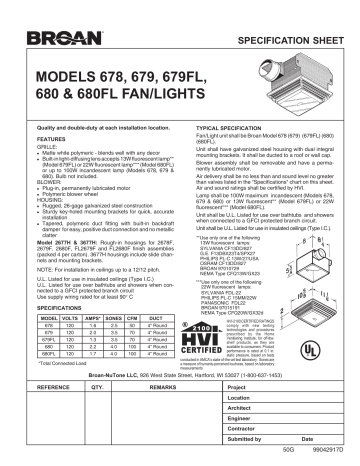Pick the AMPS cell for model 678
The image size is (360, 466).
pos(106,326)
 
